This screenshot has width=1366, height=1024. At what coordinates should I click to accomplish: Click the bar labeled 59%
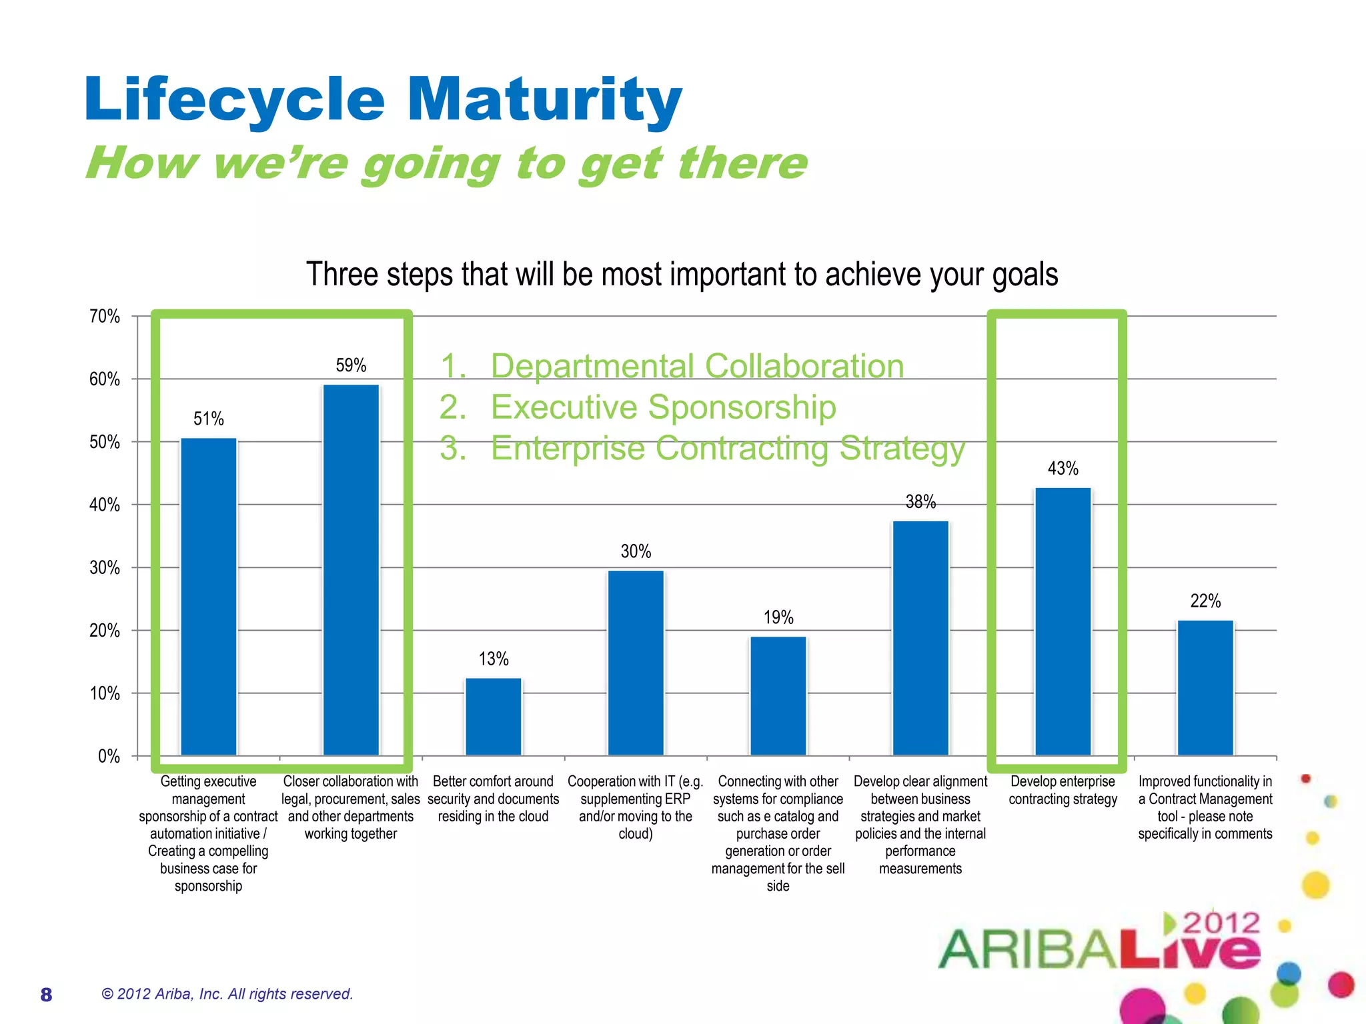click(x=351, y=570)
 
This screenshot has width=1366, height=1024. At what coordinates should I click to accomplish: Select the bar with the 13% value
click(x=493, y=717)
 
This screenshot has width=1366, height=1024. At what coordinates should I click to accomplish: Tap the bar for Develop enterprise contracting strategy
click(x=1063, y=621)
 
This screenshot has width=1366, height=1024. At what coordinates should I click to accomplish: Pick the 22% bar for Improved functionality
click(x=1205, y=687)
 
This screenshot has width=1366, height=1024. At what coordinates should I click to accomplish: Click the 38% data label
click(x=920, y=502)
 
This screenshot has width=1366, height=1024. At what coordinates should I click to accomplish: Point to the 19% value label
click(x=778, y=617)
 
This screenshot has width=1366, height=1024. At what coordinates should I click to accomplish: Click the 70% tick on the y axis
click(x=105, y=316)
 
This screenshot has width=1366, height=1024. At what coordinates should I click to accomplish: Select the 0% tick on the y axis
click(x=109, y=756)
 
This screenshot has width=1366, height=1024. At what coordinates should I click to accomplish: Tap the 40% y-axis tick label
click(x=105, y=505)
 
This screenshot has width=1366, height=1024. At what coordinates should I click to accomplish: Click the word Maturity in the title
click(x=544, y=100)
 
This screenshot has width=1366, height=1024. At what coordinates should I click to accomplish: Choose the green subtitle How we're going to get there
click(x=446, y=163)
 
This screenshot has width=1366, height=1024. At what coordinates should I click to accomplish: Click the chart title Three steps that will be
click(x=682, y=275)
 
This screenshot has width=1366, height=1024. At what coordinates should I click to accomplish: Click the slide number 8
click(x=46, y=995)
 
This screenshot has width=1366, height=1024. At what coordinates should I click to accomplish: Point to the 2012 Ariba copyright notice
click(x=227, y=994)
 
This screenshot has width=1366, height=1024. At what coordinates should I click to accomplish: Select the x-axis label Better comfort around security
click(x=493, y=799)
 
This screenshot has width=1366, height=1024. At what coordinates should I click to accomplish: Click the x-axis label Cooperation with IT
click(x=635, y=807)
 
